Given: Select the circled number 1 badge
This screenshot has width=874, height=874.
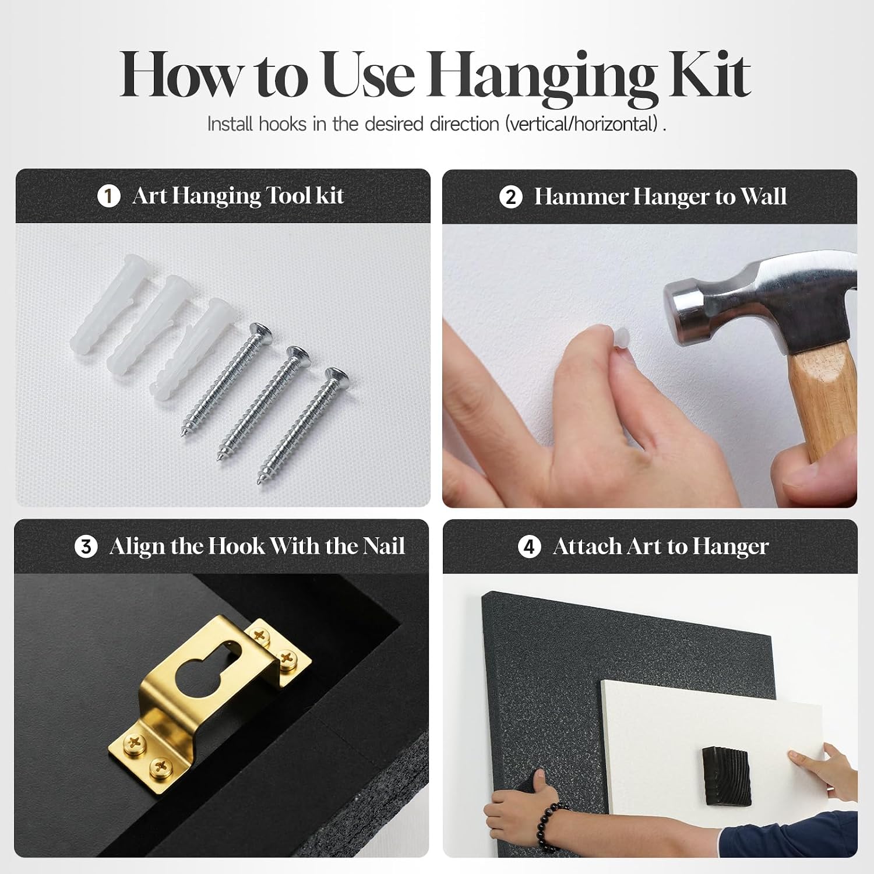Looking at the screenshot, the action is coord(108,196).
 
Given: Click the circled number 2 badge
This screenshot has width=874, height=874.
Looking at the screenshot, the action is coord(510,197).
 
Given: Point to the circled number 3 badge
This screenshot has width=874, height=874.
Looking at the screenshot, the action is coord(86,547).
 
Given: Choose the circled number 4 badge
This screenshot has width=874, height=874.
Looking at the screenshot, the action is coord(529,547).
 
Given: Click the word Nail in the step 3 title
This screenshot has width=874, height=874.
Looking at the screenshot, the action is coord(384,547).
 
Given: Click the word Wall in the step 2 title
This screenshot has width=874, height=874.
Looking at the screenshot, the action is coord(764,197).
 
